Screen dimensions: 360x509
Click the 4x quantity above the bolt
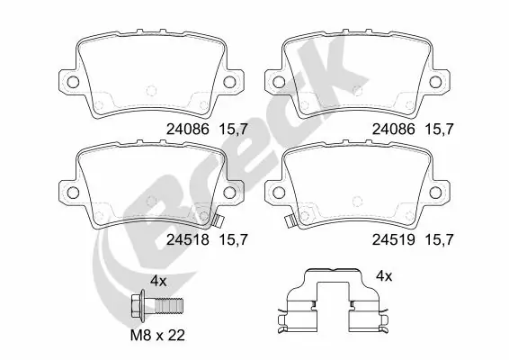[158, 281]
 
